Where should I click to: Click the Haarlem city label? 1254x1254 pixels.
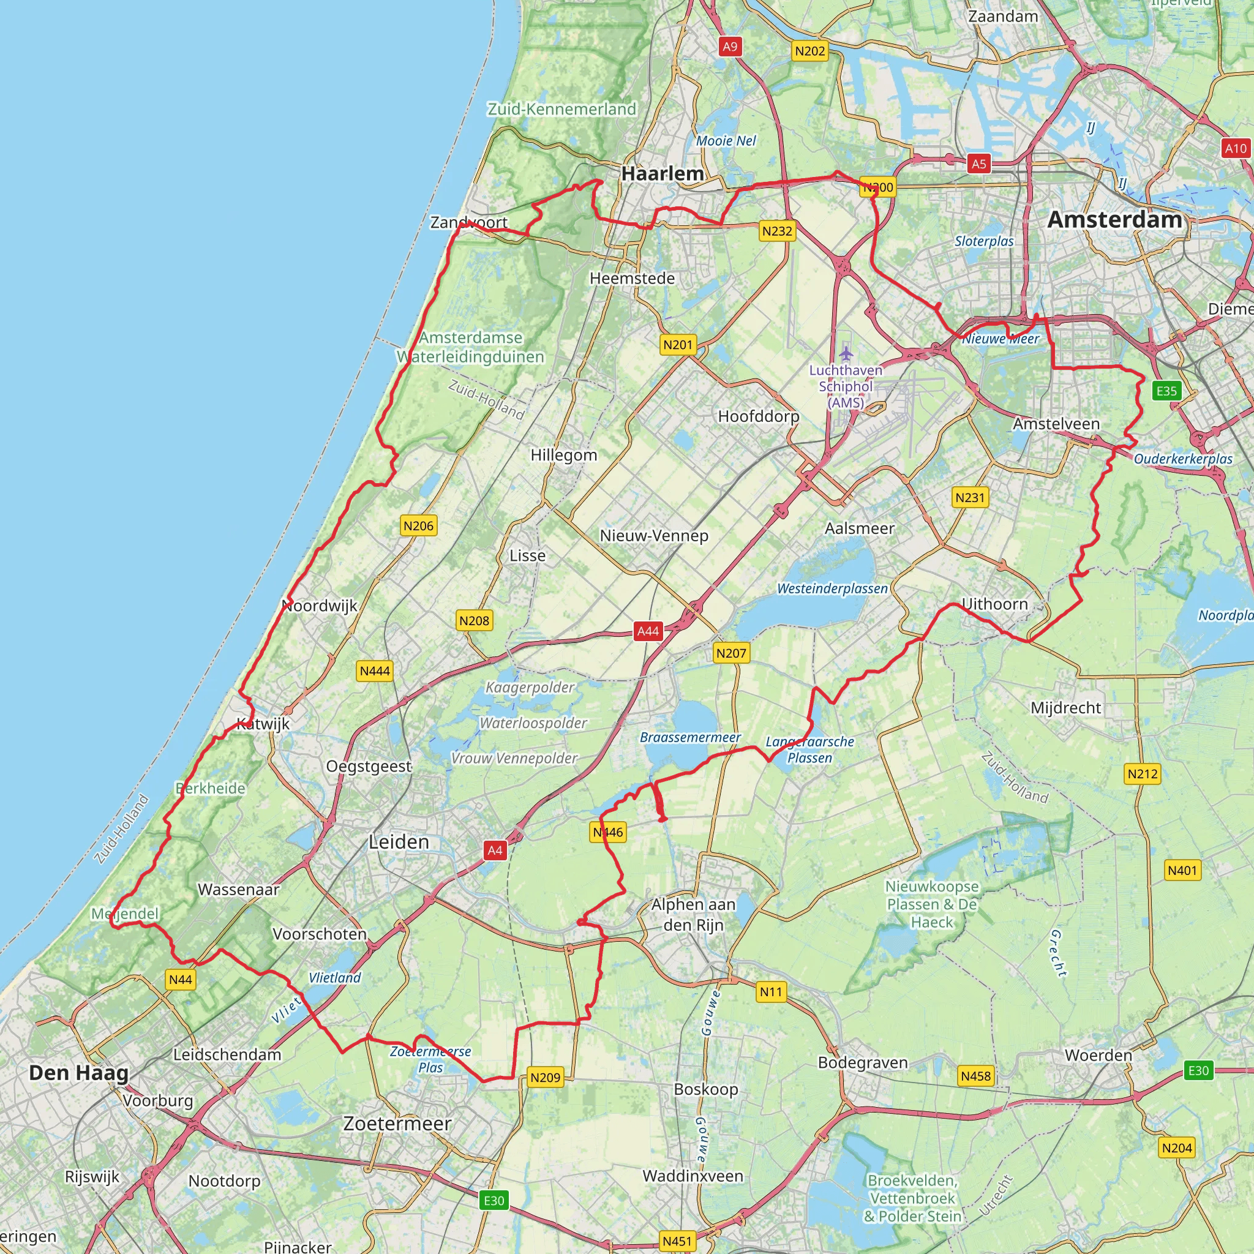pyautogui.click(x=662, y=174)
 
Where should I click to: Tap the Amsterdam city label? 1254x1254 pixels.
pyautogui.click(x=1114, y=219)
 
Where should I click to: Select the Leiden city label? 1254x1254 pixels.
pyautogui.click(x=399, y=842)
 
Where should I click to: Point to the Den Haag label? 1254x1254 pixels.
pyautogui.click(x=78, y=1073)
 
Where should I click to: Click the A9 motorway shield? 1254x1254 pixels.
pyautogui.click(x=730, y=46)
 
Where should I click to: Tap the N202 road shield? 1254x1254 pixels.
pyautogui.click(x=810, y=51)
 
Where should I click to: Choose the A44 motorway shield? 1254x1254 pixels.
pyautogui.click(x=648, y=631)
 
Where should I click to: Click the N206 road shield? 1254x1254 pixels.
pyautogui.click(x=418, y=526)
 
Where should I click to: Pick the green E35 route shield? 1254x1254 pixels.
pyautogui.click(x=1166, y=391)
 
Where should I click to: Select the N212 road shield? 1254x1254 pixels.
pyautogui.click(x=1143, y=774)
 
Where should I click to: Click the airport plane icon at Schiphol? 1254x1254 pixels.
pyautogui.click(x=845, y=354)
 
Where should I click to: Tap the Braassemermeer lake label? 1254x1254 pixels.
pyautogui.click(x=690, y=737)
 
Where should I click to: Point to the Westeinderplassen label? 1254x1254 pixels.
pyautogui.click(x=832, y=588)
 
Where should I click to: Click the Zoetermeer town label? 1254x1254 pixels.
pyautogui.click(x=397, y=1124)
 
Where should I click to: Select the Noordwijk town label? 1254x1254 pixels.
pyautogui.click(x=320, y=606)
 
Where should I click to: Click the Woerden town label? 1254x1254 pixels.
pyautogui.click(x=1098, y=1056)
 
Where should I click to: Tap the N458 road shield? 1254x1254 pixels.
pyautogui.click(x=975, y=1076)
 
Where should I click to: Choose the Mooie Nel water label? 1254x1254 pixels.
pyautogui.click(x=726, y=141)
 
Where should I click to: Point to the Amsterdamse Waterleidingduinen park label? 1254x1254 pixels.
pyautogui.click(x=471, y=347)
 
